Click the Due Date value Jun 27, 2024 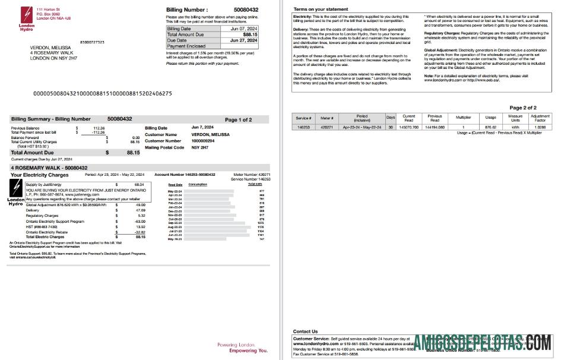tap(243, 40)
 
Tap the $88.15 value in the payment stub tap(250, 34)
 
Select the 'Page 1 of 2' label tap(238, 119)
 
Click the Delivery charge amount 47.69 tap(140, 210)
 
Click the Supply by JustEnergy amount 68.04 tap(140, 185)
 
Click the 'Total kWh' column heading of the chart tap(255, 184)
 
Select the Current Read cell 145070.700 tap(409, 127)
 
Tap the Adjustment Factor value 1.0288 tap(540, 127)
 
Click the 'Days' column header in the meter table tap(391, 117)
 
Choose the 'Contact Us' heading tap(305, 331)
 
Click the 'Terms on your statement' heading tap(321, 10)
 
